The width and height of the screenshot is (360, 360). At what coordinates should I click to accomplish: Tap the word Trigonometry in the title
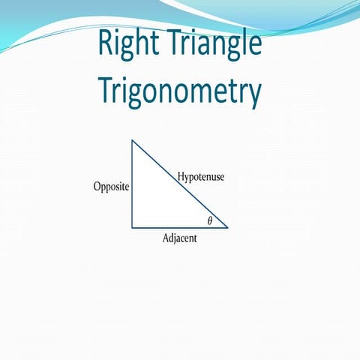pyautogui.click(x=180, y=91)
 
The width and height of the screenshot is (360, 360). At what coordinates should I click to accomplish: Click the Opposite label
pyautogui.click(x=111, y=187)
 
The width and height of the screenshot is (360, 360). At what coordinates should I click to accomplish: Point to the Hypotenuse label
pyautogui.click(x=201, y=178)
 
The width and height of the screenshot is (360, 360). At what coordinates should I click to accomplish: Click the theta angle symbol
pyautogui.click(x=210, y=220)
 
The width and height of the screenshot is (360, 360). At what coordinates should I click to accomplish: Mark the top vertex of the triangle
pyautogui.click(x=133, y=140)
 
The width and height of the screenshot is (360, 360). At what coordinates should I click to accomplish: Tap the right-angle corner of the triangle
pyautogui.click(x=133, y=226)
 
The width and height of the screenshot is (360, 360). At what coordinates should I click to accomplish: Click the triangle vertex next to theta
pyautogui.click(x=227, y=226)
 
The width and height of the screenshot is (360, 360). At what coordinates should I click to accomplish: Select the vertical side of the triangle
pyautogui.click(x=133, y=184)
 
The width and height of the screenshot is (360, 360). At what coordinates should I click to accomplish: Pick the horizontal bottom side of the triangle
pyautogui.click(x=180, y=226)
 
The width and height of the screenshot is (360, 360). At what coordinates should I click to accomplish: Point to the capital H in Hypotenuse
pyautogui.click(x=181, y=177)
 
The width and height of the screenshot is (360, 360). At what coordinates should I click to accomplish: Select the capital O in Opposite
pyautogui.click(x=97, y=187)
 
